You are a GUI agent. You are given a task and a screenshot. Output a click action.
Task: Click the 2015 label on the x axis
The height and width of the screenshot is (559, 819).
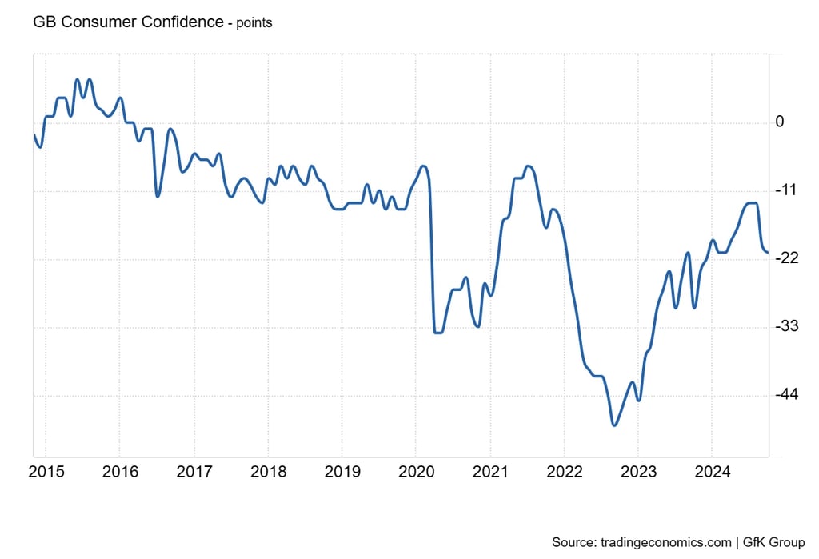point(46,473)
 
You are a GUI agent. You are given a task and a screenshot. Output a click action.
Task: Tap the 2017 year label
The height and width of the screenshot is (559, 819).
point(194,473)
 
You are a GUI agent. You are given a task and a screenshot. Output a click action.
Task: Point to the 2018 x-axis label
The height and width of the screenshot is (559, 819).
point(268,473)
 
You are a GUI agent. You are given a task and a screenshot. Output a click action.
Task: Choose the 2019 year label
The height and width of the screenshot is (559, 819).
point(342,473)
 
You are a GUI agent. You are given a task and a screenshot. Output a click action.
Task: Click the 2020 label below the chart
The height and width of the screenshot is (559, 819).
point(416,473)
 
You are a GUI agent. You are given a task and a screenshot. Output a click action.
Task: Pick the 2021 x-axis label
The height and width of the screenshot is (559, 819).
point(490,473)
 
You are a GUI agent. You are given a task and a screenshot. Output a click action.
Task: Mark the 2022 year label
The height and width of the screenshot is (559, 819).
point(564,473)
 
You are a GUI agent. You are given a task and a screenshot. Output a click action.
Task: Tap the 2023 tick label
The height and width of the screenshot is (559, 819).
point(638,473)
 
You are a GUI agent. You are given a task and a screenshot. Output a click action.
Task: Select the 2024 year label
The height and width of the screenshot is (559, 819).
point(712,473)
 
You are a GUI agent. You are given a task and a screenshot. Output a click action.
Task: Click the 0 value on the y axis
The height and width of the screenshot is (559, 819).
point(780,122)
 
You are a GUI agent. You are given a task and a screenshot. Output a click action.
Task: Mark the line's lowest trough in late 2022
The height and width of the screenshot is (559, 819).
point(614,425)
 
